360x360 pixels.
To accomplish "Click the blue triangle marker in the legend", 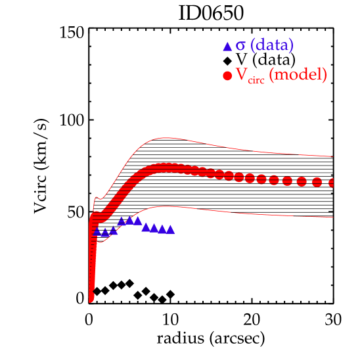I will click(x=227, y=47).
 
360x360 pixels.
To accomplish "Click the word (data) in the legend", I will click(x=272, y=45).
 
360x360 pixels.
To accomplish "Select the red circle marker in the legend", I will click(x=227, y=76).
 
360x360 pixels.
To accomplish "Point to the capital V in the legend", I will click(x=240, y=75).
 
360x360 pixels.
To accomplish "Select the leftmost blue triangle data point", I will click(x=97, y=231).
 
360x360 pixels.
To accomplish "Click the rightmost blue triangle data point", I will click(x=171, y=229).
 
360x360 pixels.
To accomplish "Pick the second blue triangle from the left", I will click(x=105, y=232).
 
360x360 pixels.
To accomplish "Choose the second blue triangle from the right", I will click(x=162, y=229).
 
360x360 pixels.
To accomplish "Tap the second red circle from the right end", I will click(x=317, y=183).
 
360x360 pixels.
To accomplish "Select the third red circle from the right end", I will click(x=302, y=182).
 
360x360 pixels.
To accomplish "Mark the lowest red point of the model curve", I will click(x=91, y=300).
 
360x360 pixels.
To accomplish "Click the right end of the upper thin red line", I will click(x=334, y=156).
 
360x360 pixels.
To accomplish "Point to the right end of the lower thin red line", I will click(x=334, y=217).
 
